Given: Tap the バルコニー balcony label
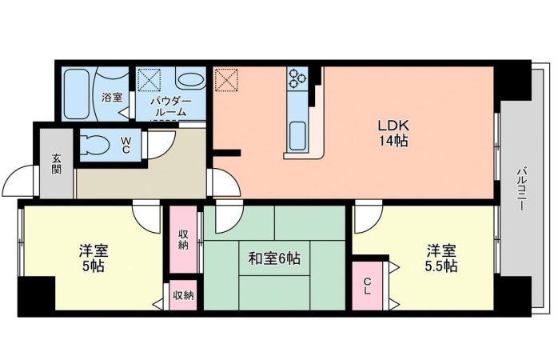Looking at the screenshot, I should tap(520, 189).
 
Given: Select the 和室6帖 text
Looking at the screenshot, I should tap(274, 259).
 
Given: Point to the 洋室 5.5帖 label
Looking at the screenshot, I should tap(441, 258).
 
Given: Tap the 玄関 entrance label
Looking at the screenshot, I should tap(57, 164).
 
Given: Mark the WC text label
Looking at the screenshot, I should tap(126, 144).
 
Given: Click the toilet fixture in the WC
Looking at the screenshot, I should tap(95, 146).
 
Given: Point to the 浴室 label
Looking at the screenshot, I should tap(112, 98).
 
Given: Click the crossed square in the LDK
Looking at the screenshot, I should tap(226, 81).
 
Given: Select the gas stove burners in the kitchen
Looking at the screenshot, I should tap(298, 78).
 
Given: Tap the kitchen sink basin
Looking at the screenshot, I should tap(298, 132).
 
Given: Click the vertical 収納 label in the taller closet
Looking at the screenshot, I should tap(183, 238).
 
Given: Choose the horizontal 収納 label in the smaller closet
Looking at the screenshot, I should tap(183, 295).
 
